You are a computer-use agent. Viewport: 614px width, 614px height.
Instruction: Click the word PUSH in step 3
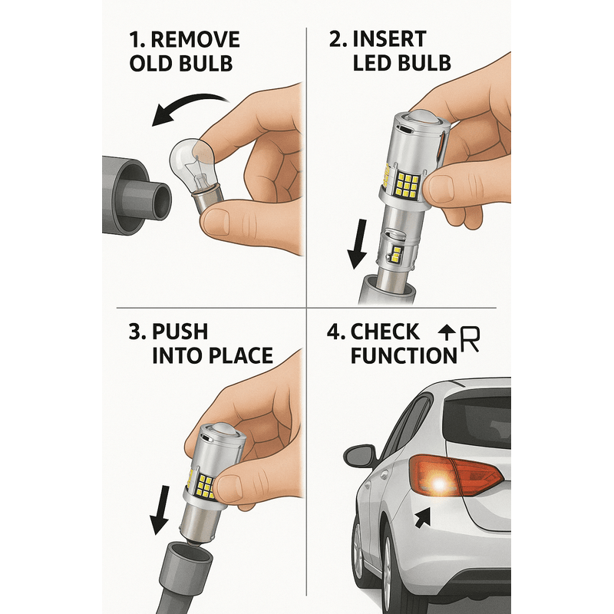click(180, 333)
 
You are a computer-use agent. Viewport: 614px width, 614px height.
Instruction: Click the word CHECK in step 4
click(385, 333)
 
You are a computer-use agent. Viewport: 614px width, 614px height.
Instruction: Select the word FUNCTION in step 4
click(402, 356)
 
